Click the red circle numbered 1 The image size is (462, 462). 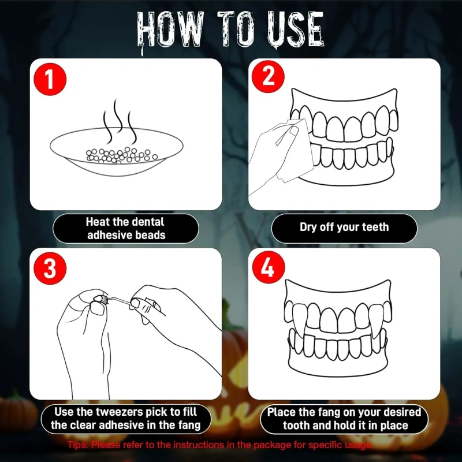coord(50,79)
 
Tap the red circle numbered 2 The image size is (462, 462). coord(268,77)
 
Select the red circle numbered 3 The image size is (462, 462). coord(50,268)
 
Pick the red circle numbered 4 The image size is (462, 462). coord(269,267)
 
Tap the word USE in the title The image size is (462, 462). coord(296,29)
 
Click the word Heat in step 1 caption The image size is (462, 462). coord(98,222)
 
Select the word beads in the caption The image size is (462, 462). coord(150,235)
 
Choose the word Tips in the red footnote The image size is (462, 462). coord(78,445)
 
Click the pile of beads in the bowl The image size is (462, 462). coord(121,155)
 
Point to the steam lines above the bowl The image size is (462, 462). coord(120,121)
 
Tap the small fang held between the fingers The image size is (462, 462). coord(103,299)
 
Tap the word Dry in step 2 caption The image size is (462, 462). coord(308,227)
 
